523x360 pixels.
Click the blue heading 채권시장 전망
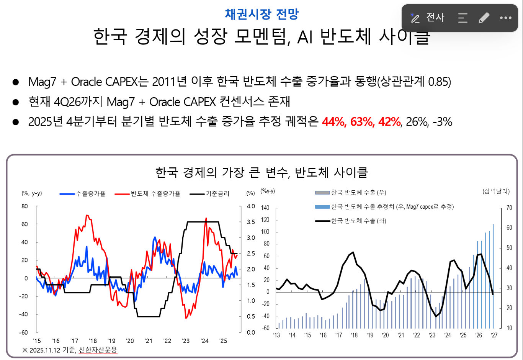261,14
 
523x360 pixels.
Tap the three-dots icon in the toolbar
505,18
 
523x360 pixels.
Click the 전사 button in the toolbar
427,18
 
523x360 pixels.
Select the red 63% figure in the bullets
362,122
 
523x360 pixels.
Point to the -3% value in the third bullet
443,122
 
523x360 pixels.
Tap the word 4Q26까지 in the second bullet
78,101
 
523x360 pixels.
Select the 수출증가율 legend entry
82,193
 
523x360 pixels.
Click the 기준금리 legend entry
209,193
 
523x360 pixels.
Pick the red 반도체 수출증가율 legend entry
147,193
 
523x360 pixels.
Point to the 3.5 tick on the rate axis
251,222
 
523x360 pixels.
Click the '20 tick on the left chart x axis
130,341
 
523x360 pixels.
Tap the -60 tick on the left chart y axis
23,332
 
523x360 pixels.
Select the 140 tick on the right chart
265,208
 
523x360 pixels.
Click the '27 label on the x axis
494,335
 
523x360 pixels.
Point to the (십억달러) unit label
496,191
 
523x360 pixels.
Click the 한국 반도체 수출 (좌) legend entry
350,221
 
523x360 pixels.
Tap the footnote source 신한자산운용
98,350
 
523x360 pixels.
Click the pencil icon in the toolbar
484,18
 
